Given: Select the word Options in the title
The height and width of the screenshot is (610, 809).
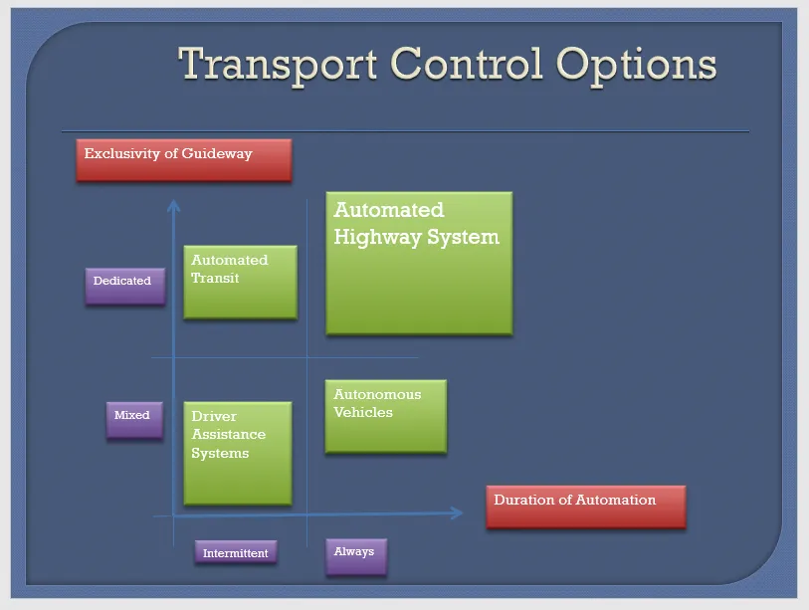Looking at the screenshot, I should point(636,66).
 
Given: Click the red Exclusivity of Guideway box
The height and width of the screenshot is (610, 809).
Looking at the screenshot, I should point(184,160).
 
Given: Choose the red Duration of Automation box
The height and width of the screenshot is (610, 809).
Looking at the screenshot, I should point(586,507).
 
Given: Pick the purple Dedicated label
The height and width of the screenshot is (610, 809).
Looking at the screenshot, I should point(123,285).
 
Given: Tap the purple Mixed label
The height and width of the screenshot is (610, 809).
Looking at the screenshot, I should point(133,419).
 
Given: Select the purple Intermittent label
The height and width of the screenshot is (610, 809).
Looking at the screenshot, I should point(236,553).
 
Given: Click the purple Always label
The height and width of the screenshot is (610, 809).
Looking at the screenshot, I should point(355,555).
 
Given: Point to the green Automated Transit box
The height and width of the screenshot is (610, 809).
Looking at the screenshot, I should point(241,283).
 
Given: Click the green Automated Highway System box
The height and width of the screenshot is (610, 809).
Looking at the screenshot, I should point(419,264).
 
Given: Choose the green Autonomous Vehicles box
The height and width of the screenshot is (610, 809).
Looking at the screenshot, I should point(385,416).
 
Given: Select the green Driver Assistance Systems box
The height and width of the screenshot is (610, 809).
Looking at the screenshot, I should point(238,453).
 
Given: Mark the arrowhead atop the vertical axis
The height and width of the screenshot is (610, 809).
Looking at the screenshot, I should point(173,205).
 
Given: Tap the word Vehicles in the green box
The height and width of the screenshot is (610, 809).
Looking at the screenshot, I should point(363,412).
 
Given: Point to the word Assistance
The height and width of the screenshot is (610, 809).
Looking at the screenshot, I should point(229,435).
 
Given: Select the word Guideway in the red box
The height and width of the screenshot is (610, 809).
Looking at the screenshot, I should point(219,154).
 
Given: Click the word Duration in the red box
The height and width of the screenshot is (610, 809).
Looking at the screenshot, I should point(525,500).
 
